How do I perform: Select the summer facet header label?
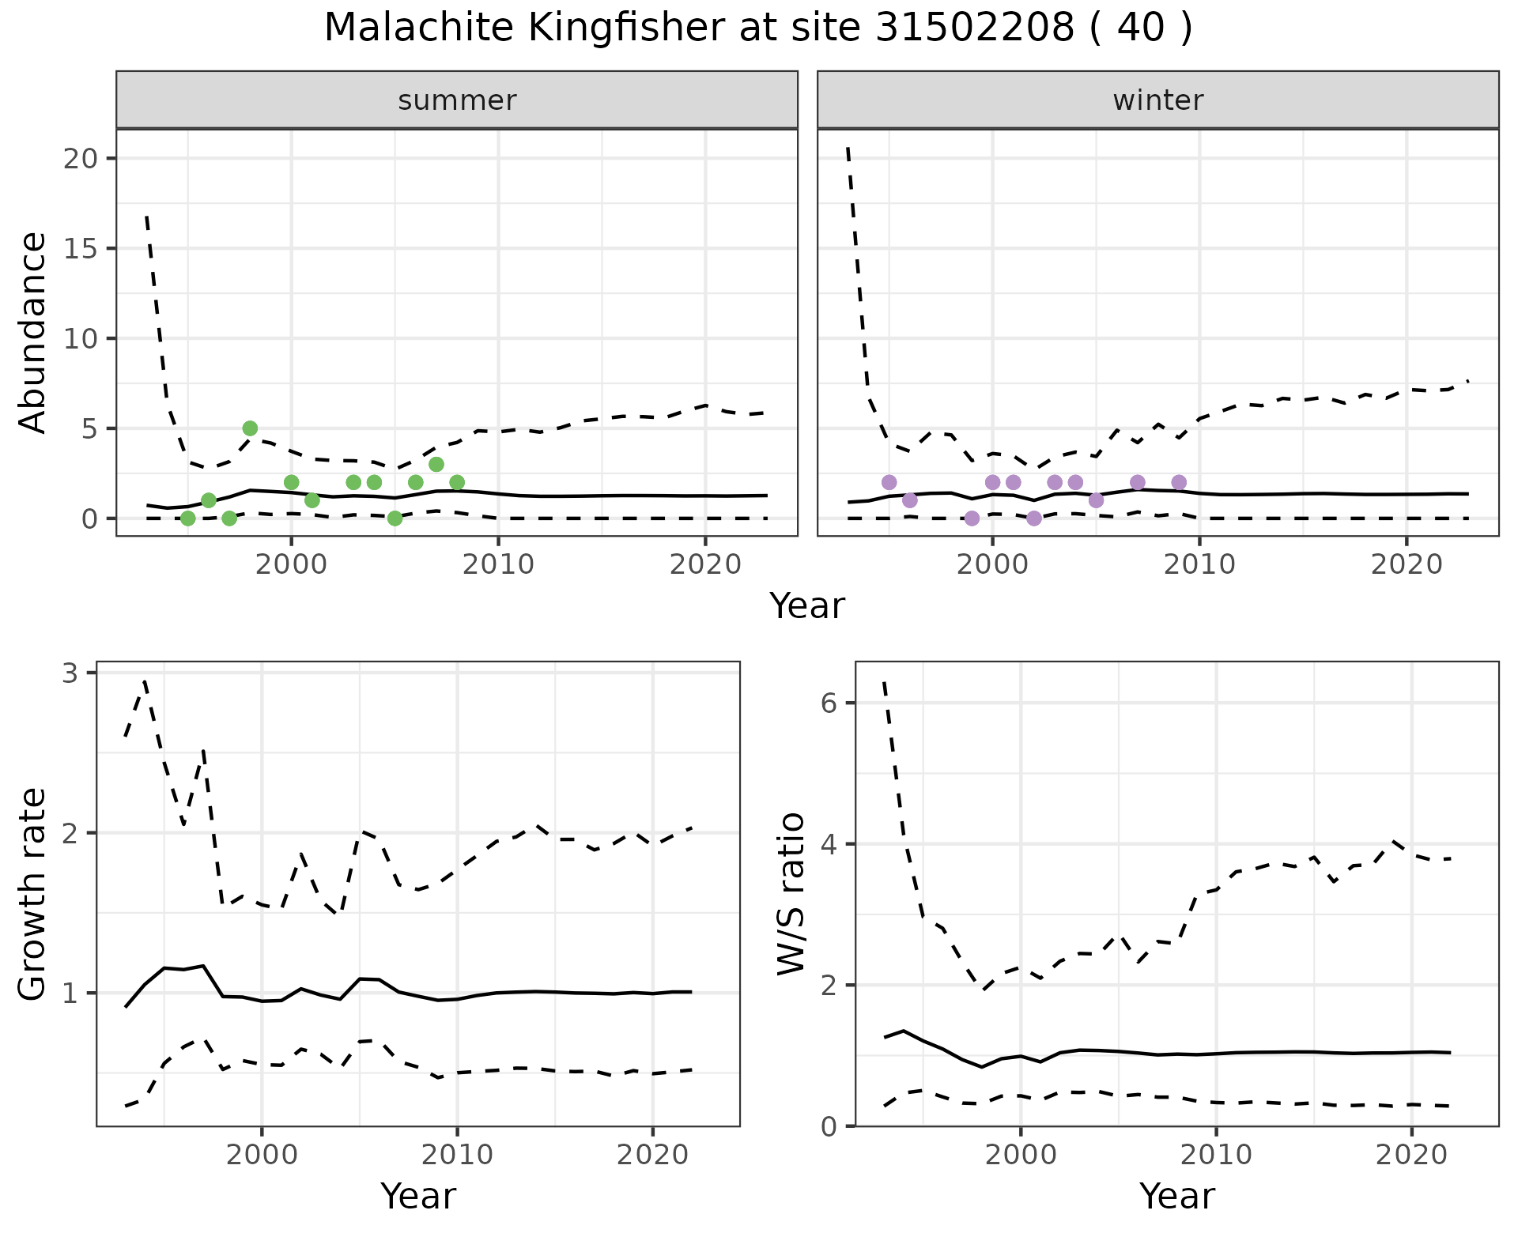pyautogui.click(x=457, y=100)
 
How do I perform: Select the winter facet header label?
pyautogui.click(x=1158, y=100)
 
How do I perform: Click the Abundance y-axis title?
pyautogui.click(x=33, y=333)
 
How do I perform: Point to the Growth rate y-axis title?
pyautogui.click(x=33, y=896)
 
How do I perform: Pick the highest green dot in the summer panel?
pyautogui.click(x=250, y=428)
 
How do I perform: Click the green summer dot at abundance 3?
pyautogui.click(x=436, y=464)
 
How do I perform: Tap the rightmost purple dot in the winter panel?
pyautogui.click(x=1179, y=482)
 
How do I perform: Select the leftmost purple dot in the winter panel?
pyautogui.click(x=889, y=482)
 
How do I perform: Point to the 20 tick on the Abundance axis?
pyautogui.click(x=82, y=159)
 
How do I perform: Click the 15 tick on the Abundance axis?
pyautogui.click(x=82, y=249)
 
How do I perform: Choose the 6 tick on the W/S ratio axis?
pyautogui.click(x=829, y=703)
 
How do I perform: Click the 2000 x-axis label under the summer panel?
pyautogui.click(x=291, y=565)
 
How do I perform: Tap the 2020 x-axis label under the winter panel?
pyautogui.click(x=1407, y=565)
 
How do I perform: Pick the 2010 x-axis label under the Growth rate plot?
pyautogui.click(x=457, y=1156)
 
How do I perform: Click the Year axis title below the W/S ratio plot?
pyautogui.click(x=1176, y=1197)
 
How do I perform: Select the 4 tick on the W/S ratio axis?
pyautogui.click(x=829, y=844)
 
